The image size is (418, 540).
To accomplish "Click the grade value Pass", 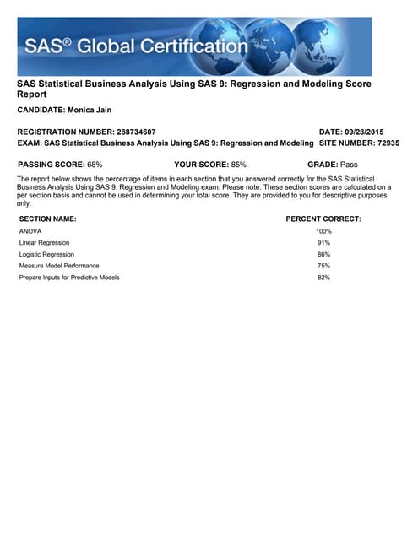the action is (x=350, y=164).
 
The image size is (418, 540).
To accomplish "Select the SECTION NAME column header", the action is (x=47, y=219).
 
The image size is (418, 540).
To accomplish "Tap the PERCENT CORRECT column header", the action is (x=323, y=219).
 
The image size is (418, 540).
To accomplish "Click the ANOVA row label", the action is (x=30, y=231).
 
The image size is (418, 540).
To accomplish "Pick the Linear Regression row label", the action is (x=44, y=243).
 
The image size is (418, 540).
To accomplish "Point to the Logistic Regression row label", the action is (x=46, y=254).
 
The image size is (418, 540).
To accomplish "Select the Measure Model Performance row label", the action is (x=59, y=266).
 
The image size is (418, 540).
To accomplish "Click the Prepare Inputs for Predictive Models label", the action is (x=69, y=278).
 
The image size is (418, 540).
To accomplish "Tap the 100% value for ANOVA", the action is (x=323, y=231).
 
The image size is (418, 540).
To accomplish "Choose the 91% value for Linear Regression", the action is (x=323, y=243).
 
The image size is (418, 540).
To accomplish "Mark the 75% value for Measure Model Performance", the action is (x=323, y=266).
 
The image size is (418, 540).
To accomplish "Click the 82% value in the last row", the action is (x=323, y=278).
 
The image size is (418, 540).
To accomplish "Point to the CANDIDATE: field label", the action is (x=41, y=111).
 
